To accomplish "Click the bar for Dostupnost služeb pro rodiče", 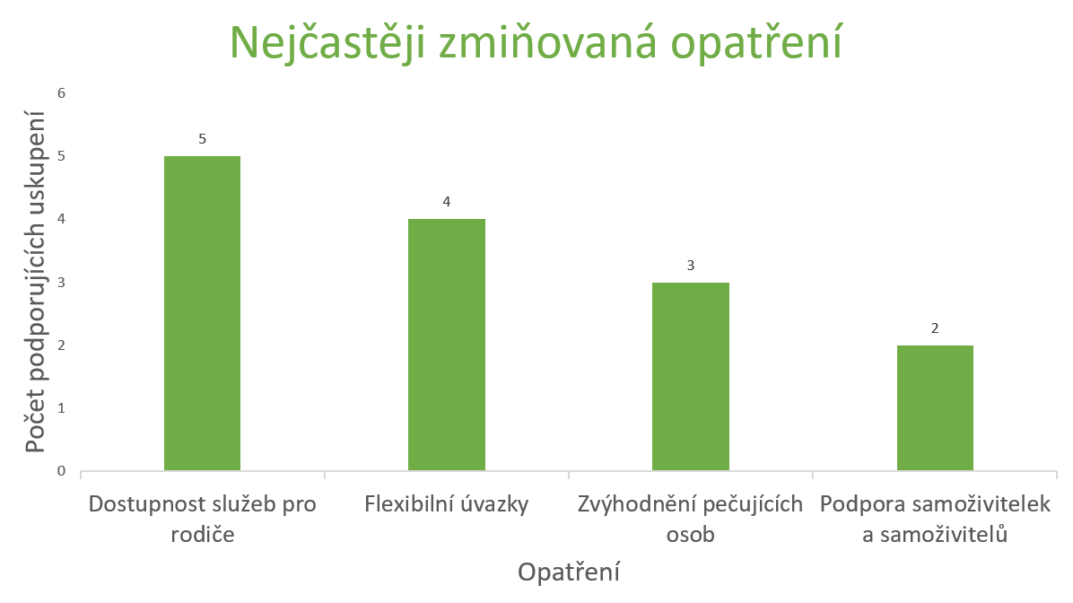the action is (x=202, y=313).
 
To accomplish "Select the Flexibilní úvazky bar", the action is (x=446, y=345).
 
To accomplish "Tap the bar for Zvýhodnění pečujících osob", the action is (x=691, y=377).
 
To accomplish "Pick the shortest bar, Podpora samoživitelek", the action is (x=935, y=408).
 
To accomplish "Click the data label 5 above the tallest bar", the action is (x=202, y=139).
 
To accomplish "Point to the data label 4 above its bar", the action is (x=446, y=202).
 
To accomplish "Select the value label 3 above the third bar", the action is (x=691, y=266).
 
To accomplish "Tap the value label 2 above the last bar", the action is (x=935, y=328).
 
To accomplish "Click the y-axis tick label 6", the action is (x=62, y=93).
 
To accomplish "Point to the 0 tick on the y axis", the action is (x=62, y=471).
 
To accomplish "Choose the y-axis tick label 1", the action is (x=62, y=408).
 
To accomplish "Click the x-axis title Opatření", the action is (x=569, y=572).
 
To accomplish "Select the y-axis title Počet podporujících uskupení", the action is (x=35, y=282).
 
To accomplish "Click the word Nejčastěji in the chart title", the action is (x=327, y=42).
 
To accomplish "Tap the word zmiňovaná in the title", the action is (x=546, y=42).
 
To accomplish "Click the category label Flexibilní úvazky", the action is (x=446, y=504).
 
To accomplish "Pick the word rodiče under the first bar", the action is (x=203, y=535).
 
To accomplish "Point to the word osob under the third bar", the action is (x=691, y=535).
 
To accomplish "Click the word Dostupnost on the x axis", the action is (x=142, y=505).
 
